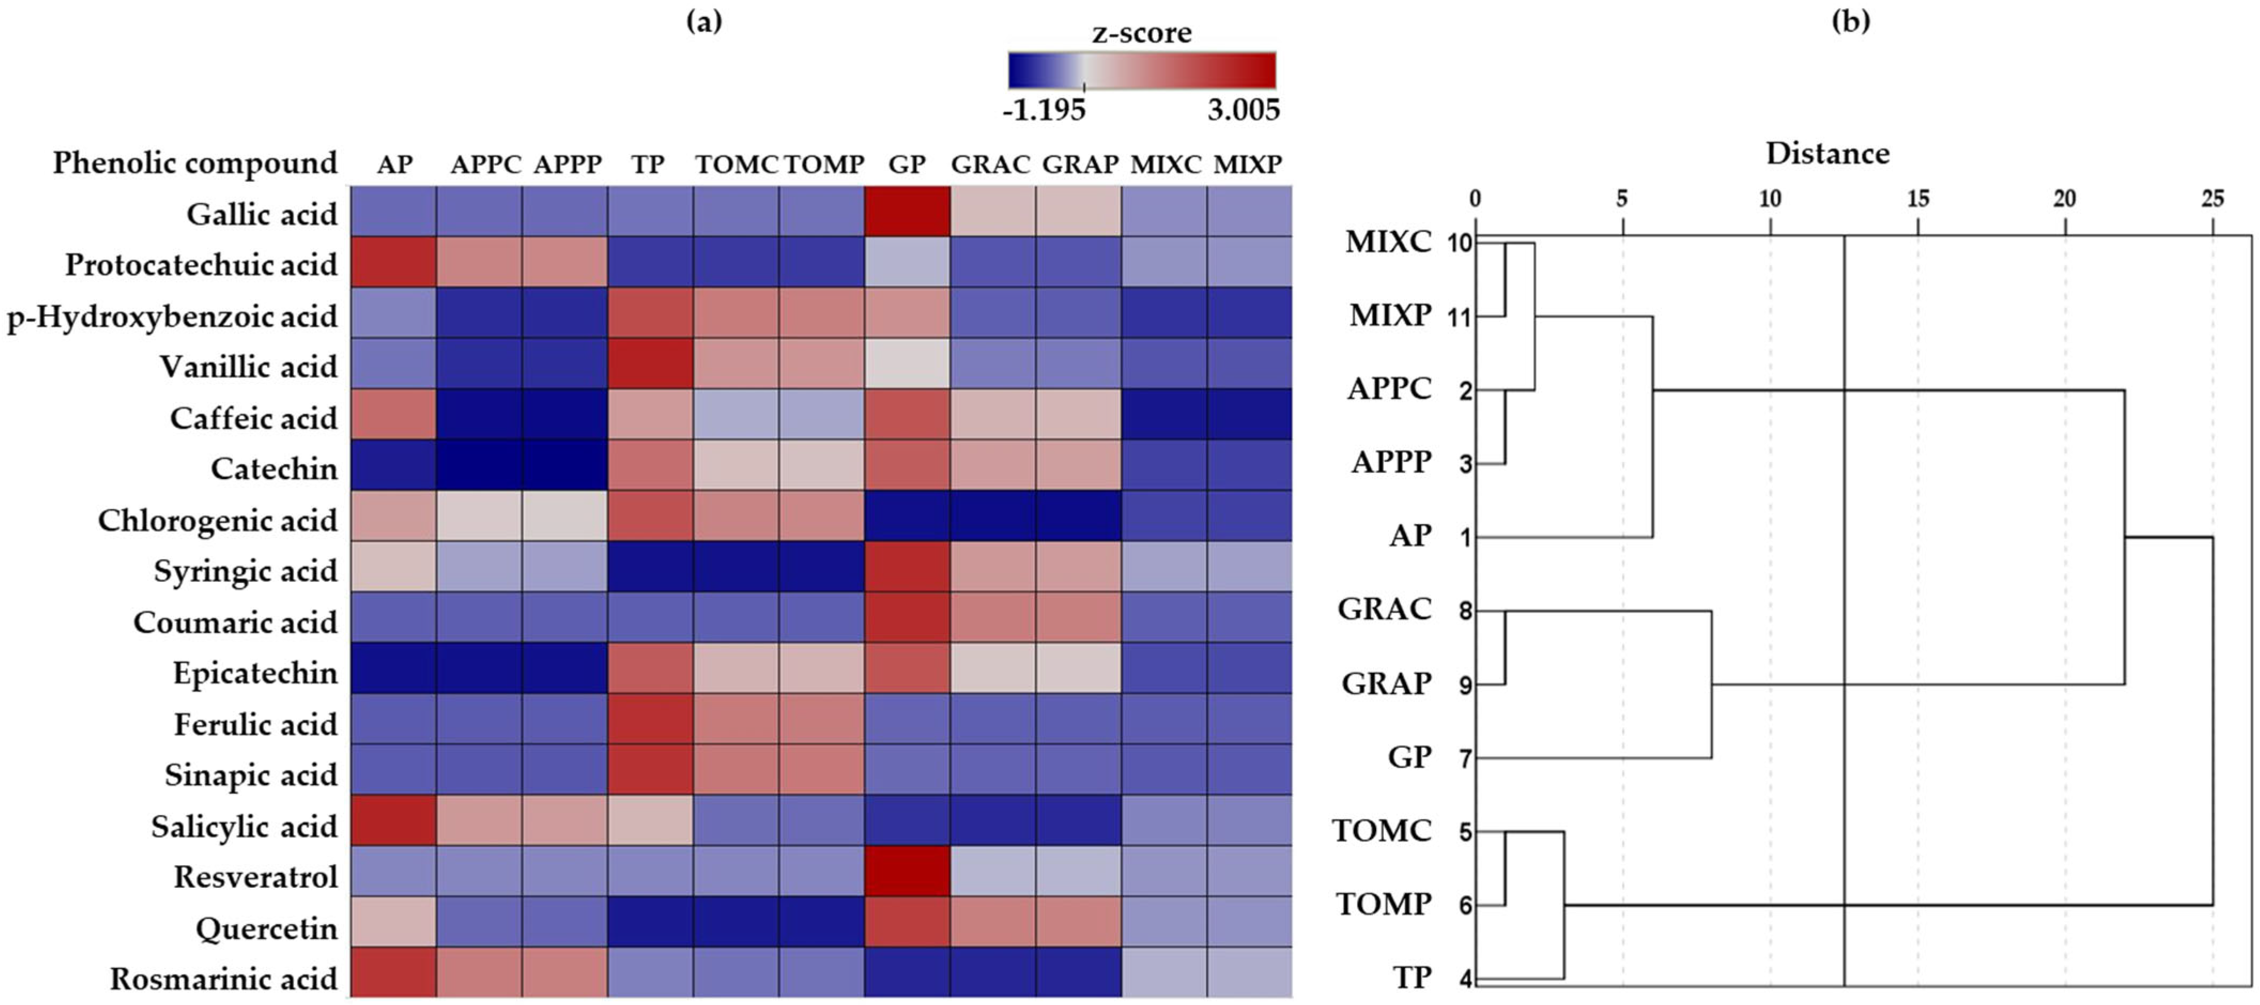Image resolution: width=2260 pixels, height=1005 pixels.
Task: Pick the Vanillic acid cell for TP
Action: pos(650,363)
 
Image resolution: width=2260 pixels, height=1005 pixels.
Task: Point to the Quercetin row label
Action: pos(266,928)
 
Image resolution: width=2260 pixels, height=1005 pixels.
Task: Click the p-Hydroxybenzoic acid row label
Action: pos(172,316)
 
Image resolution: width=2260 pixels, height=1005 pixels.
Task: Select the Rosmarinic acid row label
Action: pos(223,979)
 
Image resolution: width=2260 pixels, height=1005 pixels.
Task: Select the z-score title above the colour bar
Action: pos(1141,33)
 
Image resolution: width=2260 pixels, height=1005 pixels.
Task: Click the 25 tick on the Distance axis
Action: pos(2212,200)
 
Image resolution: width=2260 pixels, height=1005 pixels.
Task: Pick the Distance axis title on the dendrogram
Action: pos(1827,154)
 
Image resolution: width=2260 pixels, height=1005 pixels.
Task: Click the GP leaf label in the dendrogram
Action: pos(1410,757)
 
